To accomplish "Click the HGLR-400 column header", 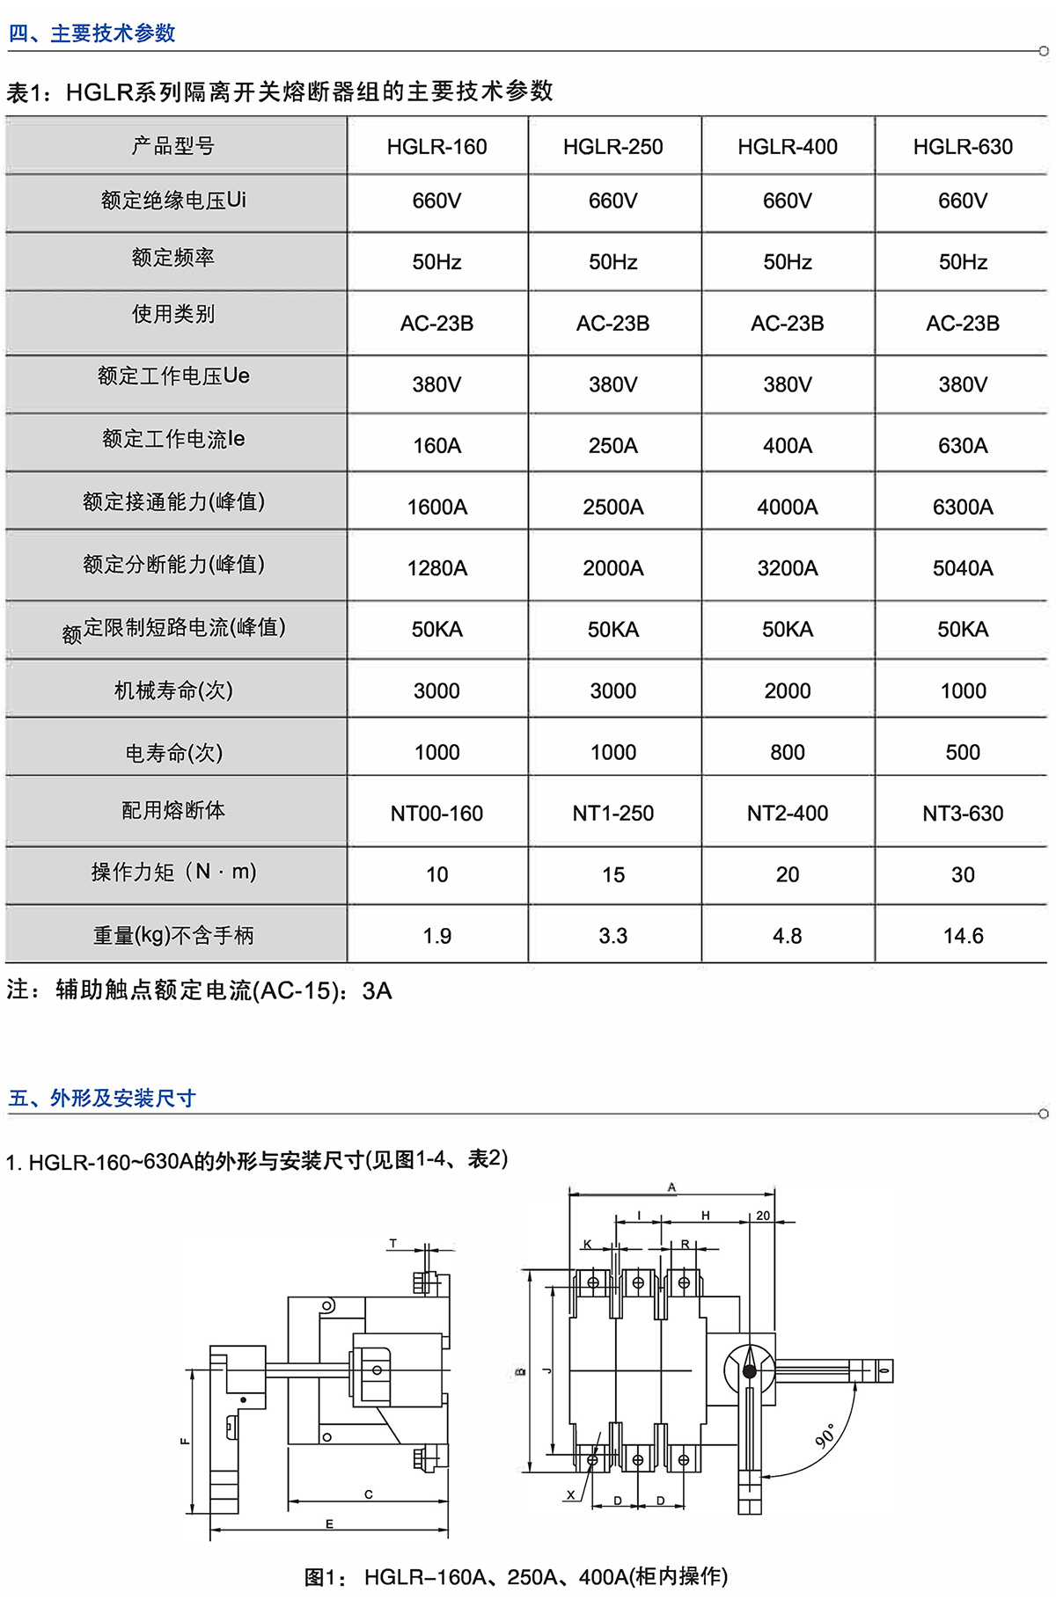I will click(788, 147).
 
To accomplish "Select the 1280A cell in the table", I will click(437, 568).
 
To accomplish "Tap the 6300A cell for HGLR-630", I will click(963, 507).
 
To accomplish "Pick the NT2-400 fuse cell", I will click(788, 814).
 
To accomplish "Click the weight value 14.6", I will click(963, 936).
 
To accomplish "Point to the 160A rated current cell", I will click(437, 446).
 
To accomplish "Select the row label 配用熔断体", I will click(173, 810).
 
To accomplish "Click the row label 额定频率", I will click(173, 258).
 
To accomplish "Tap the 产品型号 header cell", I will click(173, 146).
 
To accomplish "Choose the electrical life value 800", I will click(788, 752).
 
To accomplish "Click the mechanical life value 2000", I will click(788, 691).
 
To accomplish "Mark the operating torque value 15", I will click(613, 875).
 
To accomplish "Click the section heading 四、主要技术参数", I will click(92, 33).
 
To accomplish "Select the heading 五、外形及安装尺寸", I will click(102, 1098).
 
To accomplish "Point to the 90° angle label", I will click(825, 1435).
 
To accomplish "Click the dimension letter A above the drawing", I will click(671, 1187).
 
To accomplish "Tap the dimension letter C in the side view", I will click(369, 1494).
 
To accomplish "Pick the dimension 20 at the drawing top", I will click(763, 1216).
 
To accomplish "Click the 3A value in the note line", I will click(377, 991).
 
